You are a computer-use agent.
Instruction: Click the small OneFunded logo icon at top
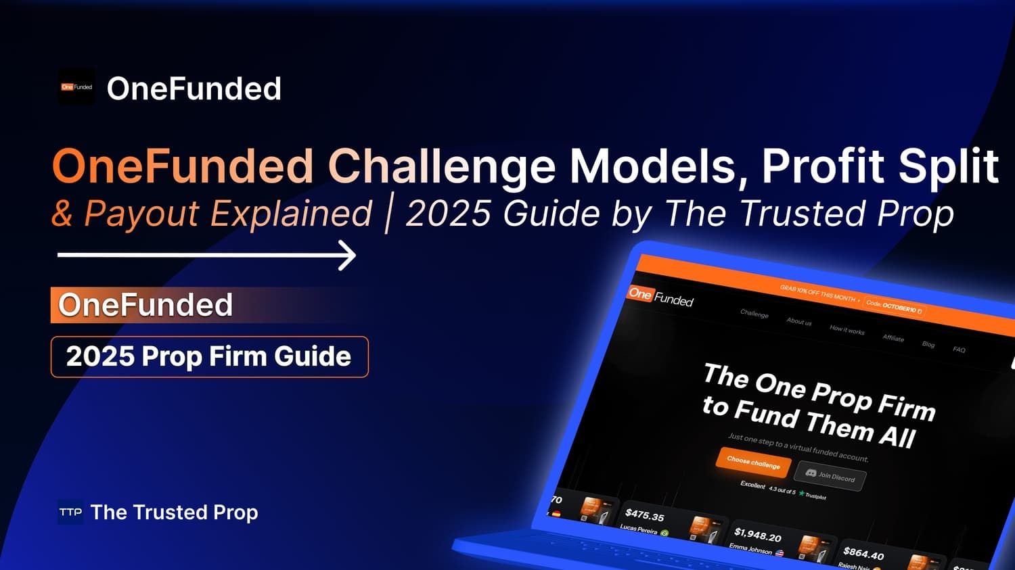coord(76,87)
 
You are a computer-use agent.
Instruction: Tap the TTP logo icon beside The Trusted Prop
coord(70,513)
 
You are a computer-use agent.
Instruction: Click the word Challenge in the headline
coord(442,166)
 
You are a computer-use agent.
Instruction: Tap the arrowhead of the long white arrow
coord(348,256)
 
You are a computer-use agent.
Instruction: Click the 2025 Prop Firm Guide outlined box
coord(209,356)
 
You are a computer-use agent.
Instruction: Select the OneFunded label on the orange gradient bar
coord(145,305)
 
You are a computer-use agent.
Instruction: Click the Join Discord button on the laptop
coord(830,475)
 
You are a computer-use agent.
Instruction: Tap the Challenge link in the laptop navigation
coord(754,314)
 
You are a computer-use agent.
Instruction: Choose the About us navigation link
coord(799,322)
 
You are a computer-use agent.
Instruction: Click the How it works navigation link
coord(847,330)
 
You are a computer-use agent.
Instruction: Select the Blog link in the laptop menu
coord(928,344)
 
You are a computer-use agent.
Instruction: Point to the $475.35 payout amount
coord(645,515)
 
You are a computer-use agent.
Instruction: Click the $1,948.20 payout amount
coord(758,536)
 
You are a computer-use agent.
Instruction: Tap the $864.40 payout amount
coord(863,554)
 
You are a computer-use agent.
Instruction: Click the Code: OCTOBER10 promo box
coord(894,306)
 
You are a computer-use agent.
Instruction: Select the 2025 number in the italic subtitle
coord(448,214)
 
